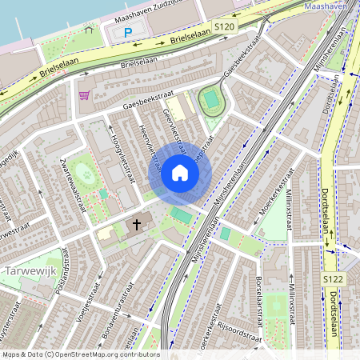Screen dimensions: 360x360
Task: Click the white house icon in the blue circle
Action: (180, 173)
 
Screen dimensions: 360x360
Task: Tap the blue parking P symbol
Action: (128, 33)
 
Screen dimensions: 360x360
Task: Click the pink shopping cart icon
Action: (84, 95)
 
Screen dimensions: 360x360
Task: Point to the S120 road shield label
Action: (224, 28)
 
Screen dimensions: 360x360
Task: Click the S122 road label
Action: (334, 278)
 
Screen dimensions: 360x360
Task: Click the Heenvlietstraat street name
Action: (147, 147)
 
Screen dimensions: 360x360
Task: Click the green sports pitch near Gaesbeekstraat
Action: (211, 101)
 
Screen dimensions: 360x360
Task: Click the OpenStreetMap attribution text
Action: (80, 354)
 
